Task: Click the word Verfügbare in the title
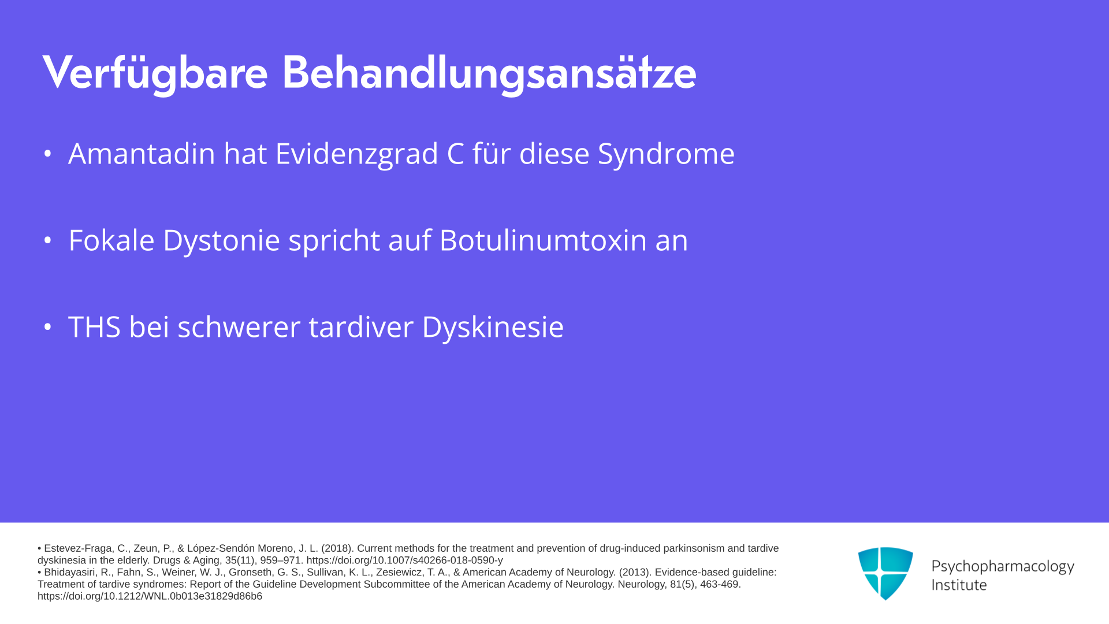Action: click(x=155, y=73)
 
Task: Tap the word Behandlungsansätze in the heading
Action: click(x=489, y=73)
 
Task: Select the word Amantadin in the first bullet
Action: click(x=142, y=154)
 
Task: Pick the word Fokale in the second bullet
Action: click(x=111, y=240)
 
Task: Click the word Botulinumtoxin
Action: click(x=543, y=240)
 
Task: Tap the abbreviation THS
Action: click(x=94, y=327)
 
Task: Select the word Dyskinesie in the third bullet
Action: click(x=493, y=328)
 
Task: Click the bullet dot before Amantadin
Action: click(x=48, y=154)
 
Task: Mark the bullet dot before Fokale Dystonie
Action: click(x=48, y=240)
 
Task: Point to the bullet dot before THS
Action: click(x=48, y=327)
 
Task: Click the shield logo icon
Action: click(x=885, y=573)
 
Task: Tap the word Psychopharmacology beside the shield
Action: click(x=1003, y=566)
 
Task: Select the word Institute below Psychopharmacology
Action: click(x=959, y=585)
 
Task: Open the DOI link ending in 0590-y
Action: click(x=404, y=560)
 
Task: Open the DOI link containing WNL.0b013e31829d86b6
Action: click(x=150, y=596)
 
